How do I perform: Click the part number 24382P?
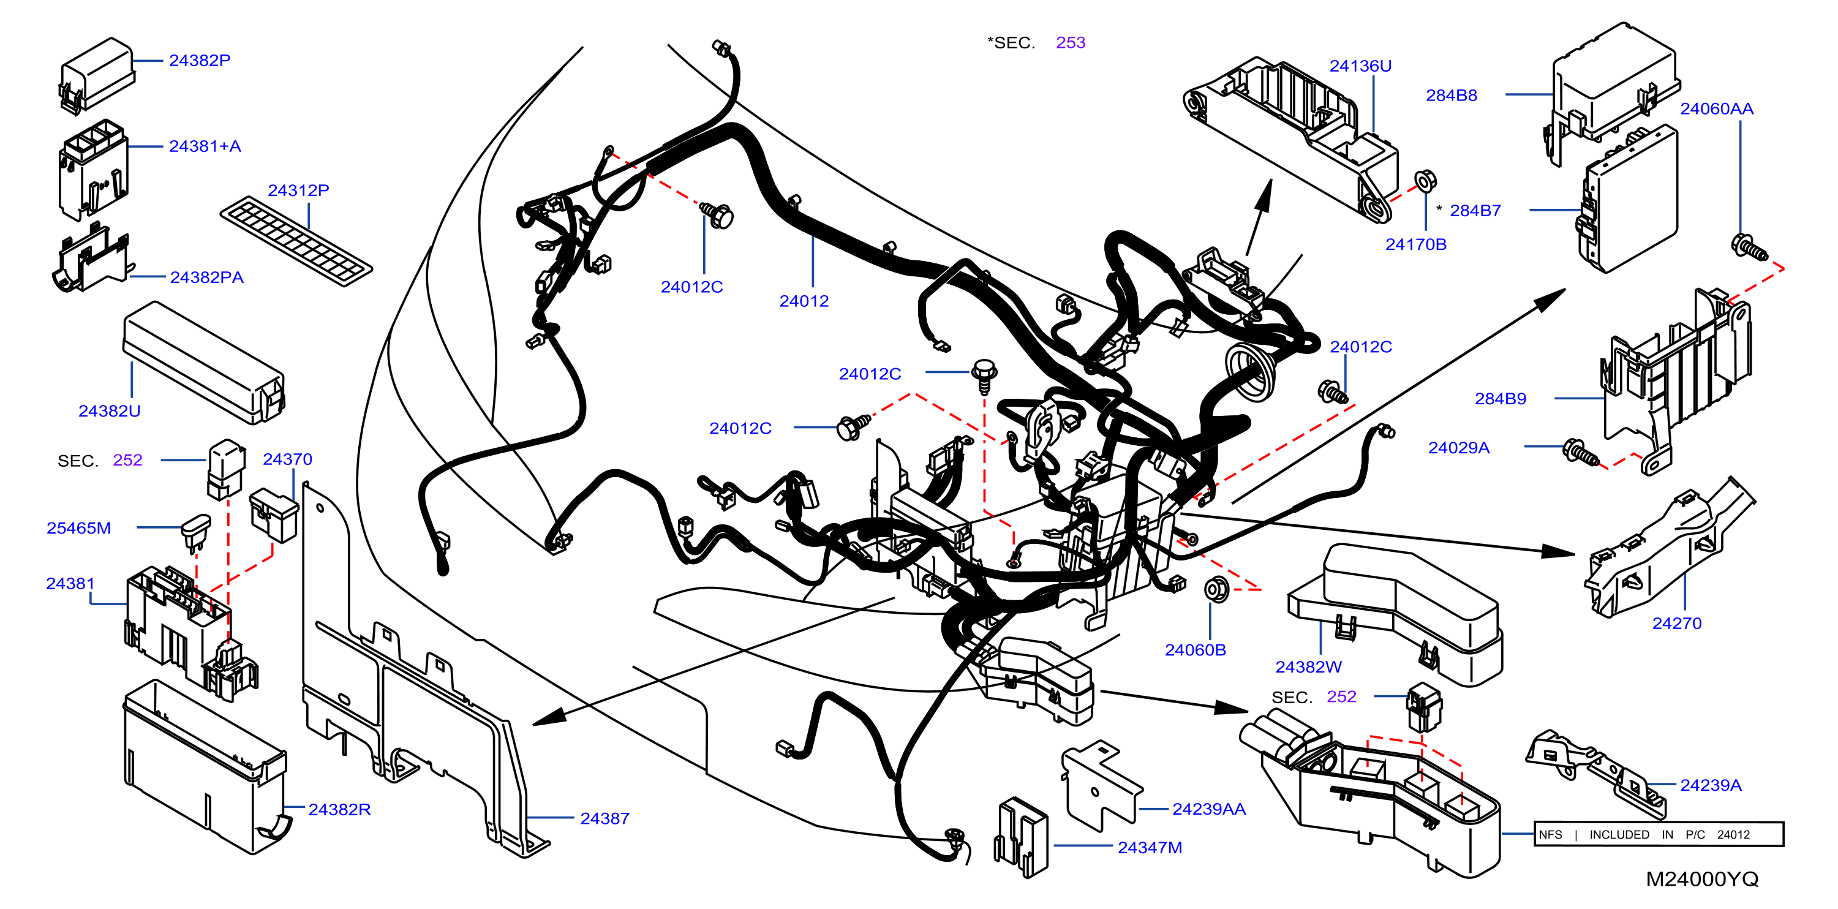click(200, 61)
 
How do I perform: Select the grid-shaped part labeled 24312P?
click(296, 241)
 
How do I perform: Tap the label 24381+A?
click(205, 146)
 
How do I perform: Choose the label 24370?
click(287, 459)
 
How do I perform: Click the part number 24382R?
click(340, 809)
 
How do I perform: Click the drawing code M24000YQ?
click(1701, 879)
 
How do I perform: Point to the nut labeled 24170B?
click(1424, 181)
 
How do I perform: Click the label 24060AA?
click(1717, 108)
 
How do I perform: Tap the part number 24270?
click(1677, 623)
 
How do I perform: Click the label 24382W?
click(1309, 666)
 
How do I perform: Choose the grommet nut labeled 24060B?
click(1216, 589)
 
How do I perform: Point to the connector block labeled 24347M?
click(1022, 836)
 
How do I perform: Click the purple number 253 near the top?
click(1070, 42)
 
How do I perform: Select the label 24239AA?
click(1208, 809)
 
